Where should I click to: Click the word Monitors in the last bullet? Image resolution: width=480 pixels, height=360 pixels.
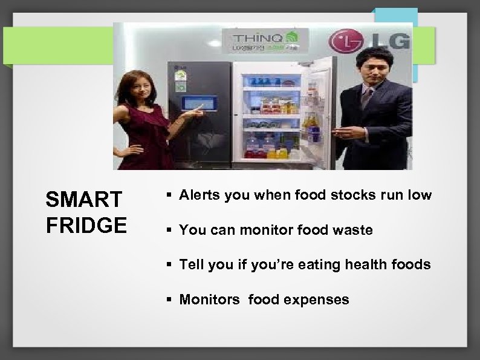tap(210, 299)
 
